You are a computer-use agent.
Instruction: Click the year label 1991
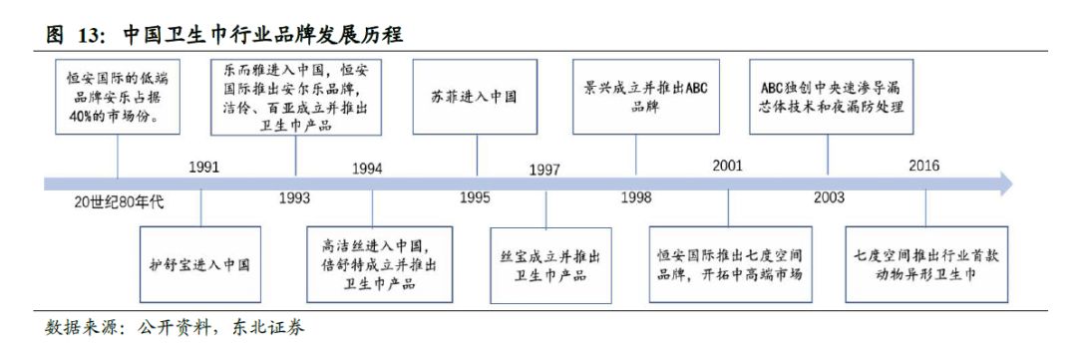click(203, 168)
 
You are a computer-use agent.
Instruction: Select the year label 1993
click(294, 197)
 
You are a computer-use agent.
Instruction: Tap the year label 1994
click(367, 168)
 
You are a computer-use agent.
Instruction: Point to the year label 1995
click(475, 197)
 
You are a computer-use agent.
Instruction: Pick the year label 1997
click(544, 169)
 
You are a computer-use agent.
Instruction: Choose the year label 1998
click(636, 197)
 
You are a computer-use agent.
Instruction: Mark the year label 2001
click(727, 166)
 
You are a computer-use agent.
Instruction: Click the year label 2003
click(828, 197)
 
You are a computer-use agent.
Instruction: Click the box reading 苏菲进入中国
click(477, 99)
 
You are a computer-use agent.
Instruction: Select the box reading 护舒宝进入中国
click(200, 265)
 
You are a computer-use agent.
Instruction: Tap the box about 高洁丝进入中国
click(373, 264)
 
